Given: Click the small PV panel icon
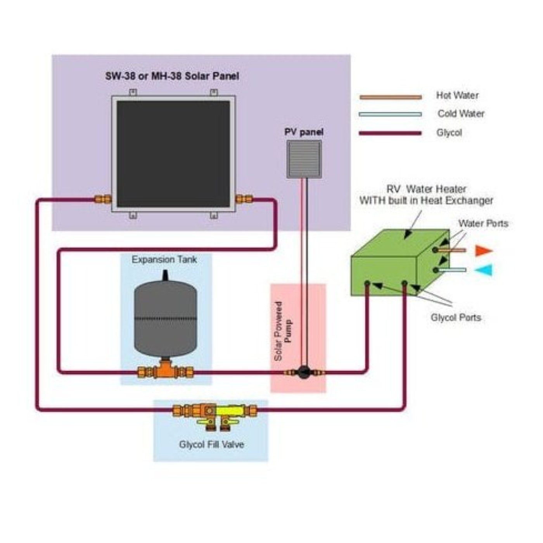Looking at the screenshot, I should pos(304,159).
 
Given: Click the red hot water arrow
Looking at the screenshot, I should pos(483,251).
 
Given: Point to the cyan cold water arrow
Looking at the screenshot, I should pos(483,270).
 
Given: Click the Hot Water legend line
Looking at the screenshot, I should pos(390,97).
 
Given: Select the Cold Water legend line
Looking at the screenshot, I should pos(390,114).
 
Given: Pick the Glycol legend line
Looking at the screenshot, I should pos(390,133).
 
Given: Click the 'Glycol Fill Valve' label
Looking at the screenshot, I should pos(211,444).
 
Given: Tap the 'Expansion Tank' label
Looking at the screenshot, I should pos(164,259).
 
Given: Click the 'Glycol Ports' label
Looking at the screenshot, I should pos(456,318).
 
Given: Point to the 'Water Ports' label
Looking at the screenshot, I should pos(483,223).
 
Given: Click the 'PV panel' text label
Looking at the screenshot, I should pos(304,132).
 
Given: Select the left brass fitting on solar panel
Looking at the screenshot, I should pos(103,200).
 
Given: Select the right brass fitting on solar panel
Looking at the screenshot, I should pos(244,200).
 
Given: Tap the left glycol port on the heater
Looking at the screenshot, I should pos(367,284).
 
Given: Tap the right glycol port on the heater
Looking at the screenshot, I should pos(404,284).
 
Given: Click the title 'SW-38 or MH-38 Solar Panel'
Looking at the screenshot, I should pos(172,76).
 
